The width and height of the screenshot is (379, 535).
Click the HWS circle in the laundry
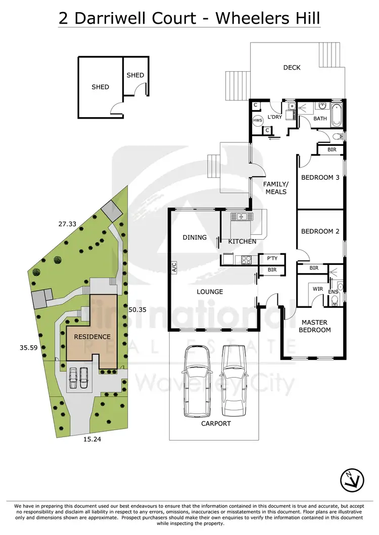click(x=258, y=121)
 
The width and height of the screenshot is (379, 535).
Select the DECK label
click(x=292, y=68)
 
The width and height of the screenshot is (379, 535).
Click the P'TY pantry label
click(x=272, y=258)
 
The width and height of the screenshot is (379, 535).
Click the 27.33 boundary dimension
click(x=67, y=223)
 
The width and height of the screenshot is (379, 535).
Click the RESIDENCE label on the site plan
click(x=92, y=336)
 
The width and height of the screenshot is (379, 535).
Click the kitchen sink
click(x=241, y=217)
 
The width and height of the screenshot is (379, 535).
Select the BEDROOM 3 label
click(x=320, y=177)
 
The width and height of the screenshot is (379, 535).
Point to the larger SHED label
click(x=100, y=87)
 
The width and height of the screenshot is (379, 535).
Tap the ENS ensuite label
click(x=333, y=292)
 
